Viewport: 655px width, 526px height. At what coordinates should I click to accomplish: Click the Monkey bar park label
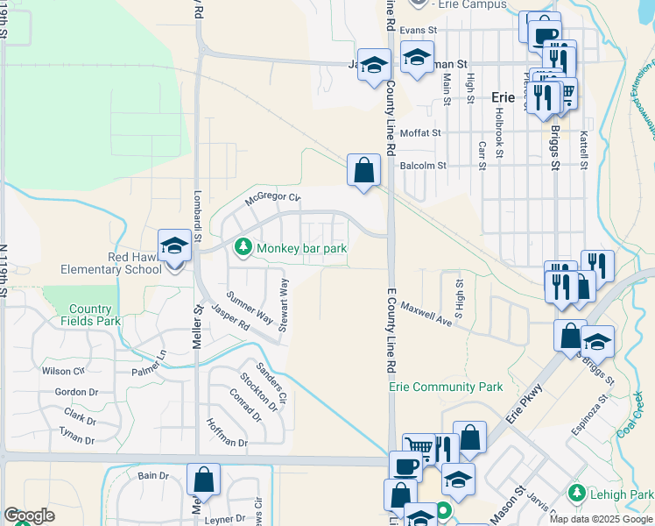(x=301, y=248)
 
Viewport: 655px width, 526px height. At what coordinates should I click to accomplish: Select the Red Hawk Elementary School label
(x=110, y=262)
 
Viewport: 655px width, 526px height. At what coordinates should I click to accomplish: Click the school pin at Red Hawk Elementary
(x=174, y=245)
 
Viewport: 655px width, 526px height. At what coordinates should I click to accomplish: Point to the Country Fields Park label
(x=90, y=315)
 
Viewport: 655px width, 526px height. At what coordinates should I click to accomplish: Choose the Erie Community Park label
(x=446, y=387)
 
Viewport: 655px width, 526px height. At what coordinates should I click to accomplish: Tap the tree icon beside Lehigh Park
(x=575, y=493)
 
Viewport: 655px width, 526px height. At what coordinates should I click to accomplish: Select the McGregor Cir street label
(x=272, y=198)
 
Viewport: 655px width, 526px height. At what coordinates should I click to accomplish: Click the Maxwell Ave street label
(x=426, y=314)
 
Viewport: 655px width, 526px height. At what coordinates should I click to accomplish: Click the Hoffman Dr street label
(x=227, y=433)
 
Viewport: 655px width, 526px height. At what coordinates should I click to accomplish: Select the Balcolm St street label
(x=423, y=165)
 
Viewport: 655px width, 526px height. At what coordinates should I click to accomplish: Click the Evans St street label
(x=418, y=30)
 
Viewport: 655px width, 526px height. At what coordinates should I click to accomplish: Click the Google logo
(x=29, y=515)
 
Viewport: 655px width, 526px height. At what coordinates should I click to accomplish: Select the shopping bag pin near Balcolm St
(x=363, y=170)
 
